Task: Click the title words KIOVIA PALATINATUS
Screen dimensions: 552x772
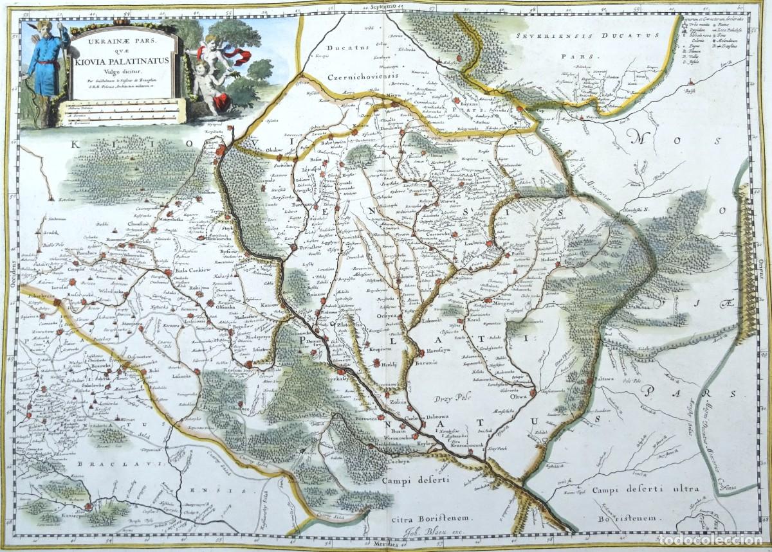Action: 121,62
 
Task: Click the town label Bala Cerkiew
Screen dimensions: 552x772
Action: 193,271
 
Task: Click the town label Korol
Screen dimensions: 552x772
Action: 473,319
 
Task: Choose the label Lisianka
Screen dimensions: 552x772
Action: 181,375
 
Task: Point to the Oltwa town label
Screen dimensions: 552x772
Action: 518,396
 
